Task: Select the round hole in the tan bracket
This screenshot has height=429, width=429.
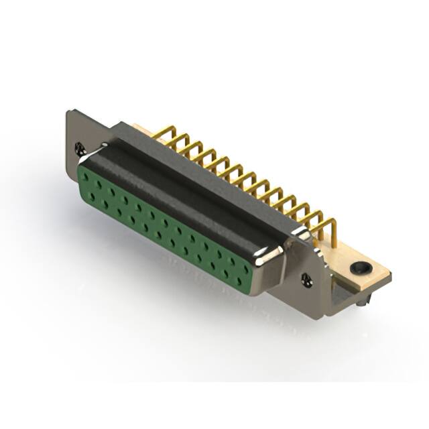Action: (x=361, y=268)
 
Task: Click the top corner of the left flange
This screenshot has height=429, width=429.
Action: (x=70, y=111)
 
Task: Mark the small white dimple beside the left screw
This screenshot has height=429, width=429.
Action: (x=104, y=144)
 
